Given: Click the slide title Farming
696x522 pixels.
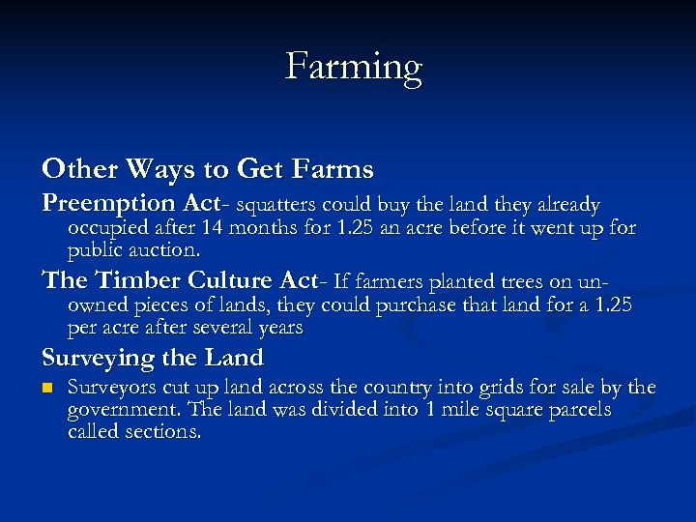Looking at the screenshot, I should point(354,68).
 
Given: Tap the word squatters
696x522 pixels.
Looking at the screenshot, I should point(276,206).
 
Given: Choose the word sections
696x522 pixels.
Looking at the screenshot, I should point(164,432).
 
